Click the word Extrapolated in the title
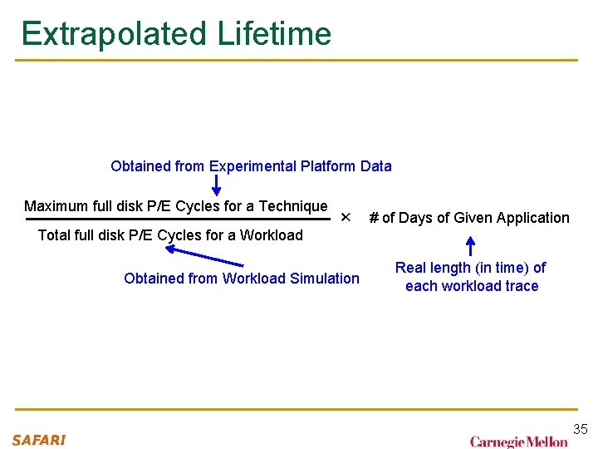point(114,34)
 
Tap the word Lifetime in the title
point(274,34)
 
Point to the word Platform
point(328,166)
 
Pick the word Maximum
point(56,206)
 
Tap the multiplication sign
point(346,218)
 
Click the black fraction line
point(179,220)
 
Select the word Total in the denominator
point(55,235)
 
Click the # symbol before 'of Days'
point(374,218)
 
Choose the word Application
point(532,218)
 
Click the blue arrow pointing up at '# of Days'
point(470,246)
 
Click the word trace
point(520,286)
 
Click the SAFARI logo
point(38,440)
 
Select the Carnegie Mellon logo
point(518,442)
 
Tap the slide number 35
point(580,429)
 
